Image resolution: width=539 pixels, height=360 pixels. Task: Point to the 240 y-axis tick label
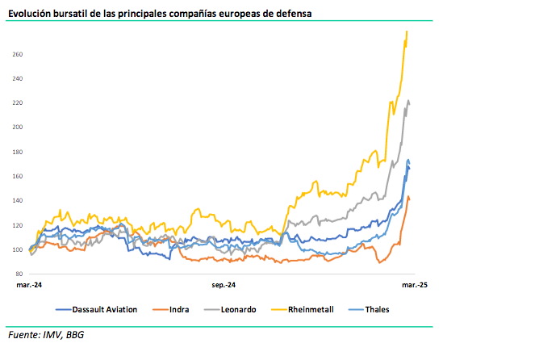coord(17,79)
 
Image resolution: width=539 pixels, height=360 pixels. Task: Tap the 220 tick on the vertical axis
coord(17,103)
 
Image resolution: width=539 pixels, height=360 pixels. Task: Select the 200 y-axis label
coord(17,128)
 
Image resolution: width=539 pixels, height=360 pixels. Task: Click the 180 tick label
coord(17,152)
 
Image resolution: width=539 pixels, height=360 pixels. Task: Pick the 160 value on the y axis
coord(17,176)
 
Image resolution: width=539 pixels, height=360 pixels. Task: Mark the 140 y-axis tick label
coord(17,200)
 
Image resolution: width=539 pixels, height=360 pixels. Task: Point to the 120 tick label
coord(17,224)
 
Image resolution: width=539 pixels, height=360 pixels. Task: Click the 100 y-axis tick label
coord(17,249)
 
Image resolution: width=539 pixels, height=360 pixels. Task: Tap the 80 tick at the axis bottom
coord(19,274)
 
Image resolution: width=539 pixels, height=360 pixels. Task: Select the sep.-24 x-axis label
coord(223,285)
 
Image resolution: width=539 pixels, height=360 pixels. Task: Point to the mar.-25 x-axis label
coord(414,285)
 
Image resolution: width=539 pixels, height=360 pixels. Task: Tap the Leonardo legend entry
coord(239,309)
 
